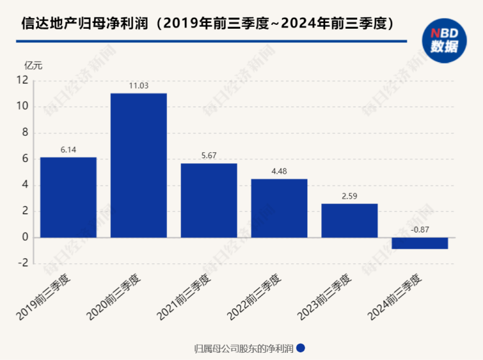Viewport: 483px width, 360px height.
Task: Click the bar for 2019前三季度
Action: (x=68, y=197)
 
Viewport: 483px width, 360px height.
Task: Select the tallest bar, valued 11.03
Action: (x=138, y=165)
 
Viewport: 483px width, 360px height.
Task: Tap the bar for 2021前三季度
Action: (x=209, y=200)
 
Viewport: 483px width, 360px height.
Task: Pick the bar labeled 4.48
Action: (x=279, y=208)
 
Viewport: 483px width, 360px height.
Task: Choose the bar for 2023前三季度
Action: (x=349, y=220)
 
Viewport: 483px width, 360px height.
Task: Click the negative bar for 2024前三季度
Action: (x=420, y=243)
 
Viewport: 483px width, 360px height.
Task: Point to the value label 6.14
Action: (x=69, y=150)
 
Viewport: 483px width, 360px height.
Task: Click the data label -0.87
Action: (x=420, y=230)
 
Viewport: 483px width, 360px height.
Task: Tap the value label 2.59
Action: (x=349, y=196)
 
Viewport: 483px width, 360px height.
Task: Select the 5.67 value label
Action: (x=209, y=155)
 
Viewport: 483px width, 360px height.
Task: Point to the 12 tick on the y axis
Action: (x=23, y=80)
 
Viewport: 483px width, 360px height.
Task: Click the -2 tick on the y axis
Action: (x=23, y=263)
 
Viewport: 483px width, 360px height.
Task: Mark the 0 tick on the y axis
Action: (x=25, y=237)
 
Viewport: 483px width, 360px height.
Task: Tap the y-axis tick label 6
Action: (x=25, y=159)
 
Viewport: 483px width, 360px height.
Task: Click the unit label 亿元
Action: (x=33, y=65)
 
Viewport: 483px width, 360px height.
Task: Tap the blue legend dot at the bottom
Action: (x=301, y=348)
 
